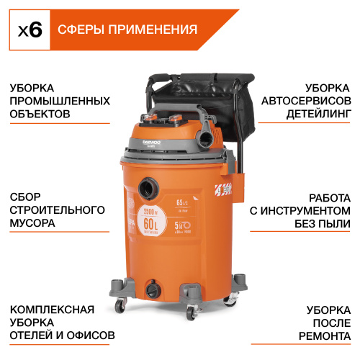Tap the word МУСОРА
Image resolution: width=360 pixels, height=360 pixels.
[x=32, y=223]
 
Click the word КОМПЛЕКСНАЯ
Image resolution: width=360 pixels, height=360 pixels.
[x=53, y=310]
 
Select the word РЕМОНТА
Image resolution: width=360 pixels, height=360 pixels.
[x=324, y=336]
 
